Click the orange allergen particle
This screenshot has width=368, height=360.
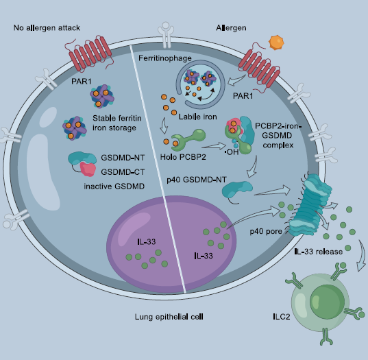coord(276,43)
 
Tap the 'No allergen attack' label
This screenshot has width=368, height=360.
coord(47,27)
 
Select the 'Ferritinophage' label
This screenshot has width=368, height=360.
coord(165,58)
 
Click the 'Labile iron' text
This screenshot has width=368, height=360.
coord(198,117)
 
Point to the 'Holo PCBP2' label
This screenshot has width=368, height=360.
coord(183,157)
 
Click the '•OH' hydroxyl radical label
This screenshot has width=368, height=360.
coord(232,152)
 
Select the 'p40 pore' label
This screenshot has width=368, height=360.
coord(266,232)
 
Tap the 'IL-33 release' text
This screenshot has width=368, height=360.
coord(319,252)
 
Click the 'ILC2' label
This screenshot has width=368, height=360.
coord(282,317)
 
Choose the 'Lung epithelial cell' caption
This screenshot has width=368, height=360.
coord(169,317)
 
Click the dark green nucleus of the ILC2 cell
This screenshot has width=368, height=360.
coord(327,302)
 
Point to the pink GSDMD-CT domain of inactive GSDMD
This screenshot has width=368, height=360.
coord(88,169)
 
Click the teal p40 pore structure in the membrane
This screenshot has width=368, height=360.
coord(310,205)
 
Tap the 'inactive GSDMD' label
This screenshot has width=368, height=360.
coord(114,187)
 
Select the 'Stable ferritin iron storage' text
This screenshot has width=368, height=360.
coord(117,123)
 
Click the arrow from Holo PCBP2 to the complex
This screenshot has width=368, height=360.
coord(214,146)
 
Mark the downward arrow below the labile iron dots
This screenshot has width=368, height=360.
coord(164,125)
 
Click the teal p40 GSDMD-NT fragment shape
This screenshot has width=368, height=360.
coord(237,190)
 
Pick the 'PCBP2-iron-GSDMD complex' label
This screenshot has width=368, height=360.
coord(278,136)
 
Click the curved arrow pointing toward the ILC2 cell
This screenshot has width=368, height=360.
coord(362,256)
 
